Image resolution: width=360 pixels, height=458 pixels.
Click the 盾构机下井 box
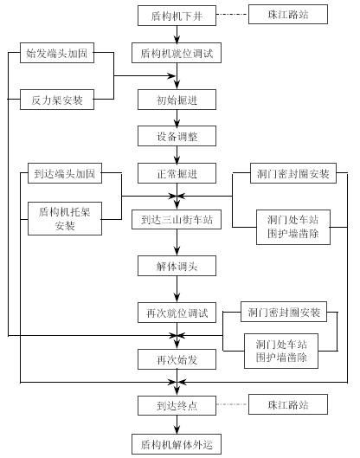click(x=177, y=16)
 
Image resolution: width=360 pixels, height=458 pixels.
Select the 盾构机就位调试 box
click(x=177, y=53)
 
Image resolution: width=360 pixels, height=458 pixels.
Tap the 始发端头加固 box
click(x=57, y=53)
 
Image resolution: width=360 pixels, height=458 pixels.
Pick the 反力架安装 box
click(x=57, y=100)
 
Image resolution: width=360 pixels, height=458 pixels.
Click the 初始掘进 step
click(x=177, y=100)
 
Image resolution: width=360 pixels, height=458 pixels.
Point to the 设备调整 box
click(x=177, y=136)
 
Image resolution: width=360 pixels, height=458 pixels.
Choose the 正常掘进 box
click(x=177, y=173)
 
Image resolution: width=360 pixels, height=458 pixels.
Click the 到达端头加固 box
click(x=65, y=173)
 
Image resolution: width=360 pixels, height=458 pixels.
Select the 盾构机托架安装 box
click(x=65, y=218)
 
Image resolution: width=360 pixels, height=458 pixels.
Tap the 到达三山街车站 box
click(x=177, y=219)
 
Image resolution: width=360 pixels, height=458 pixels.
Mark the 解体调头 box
click(x=177, y=266)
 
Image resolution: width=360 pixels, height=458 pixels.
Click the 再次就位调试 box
click(x=177, y=313)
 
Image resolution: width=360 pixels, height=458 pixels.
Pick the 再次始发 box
click(x=177, y=359)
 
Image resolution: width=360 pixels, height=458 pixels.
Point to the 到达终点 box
click(x=177, y=405)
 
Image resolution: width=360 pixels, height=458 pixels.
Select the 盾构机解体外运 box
click(x=177, y=444)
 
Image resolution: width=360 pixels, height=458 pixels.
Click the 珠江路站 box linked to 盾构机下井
click(x=288, y=15)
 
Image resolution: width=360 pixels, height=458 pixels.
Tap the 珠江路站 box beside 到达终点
click(x=288, y=404)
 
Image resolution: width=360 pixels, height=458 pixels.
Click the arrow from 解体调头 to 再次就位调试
click(x=177, y=289)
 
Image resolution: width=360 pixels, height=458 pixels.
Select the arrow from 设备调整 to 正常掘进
click(x=177, y=154)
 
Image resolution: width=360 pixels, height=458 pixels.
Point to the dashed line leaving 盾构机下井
click(x=233, y=15)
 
